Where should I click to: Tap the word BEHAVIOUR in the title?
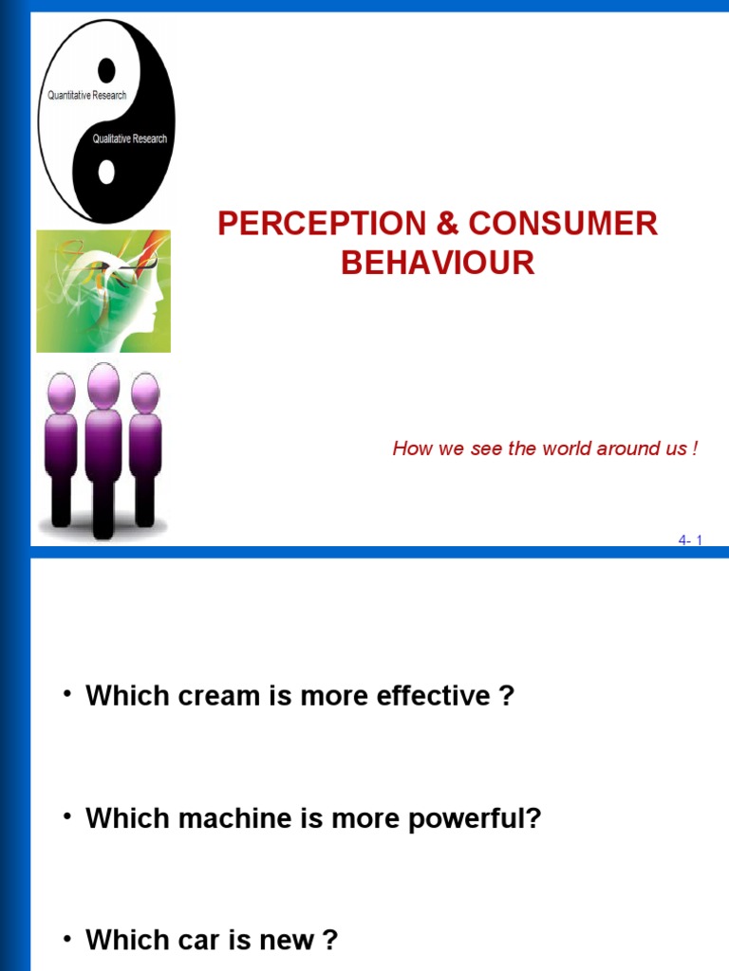click(438, 263)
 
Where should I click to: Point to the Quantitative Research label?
click(86, 96)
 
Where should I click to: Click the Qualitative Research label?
click(129, 138)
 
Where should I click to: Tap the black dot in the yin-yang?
click(106, 69)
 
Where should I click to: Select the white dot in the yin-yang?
click(106, 172)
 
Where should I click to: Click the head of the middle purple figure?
click(103, 385)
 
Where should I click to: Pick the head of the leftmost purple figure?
click(62, 393)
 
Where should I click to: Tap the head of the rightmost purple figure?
click(144, 393)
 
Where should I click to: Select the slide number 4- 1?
click(689, 540)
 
